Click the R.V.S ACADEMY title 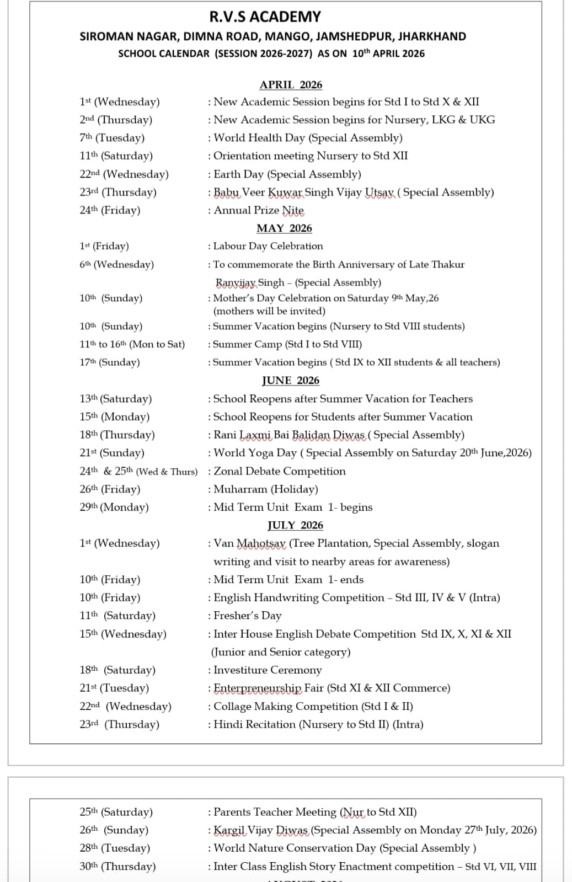(x=265, y=17)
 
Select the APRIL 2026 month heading (x=291, y=84)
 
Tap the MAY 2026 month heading (x=284, y=228)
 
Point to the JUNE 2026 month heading (x=291, y=380)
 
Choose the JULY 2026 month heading (x=295, y=525)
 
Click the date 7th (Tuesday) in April (x=112, y=138)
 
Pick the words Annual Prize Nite (x=259, y=210)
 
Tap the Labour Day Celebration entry (x=268, y=246)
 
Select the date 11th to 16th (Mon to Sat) (x=132, y=344)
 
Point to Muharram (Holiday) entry (x=265, y=489)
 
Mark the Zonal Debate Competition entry (x=279, y=471)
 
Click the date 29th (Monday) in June (x=114, y=507)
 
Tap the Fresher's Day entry (x=247, y=616)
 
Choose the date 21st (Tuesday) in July (x=114, y=688)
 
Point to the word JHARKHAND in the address (x=432, y=36)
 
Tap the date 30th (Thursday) (x=117, y=867)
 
